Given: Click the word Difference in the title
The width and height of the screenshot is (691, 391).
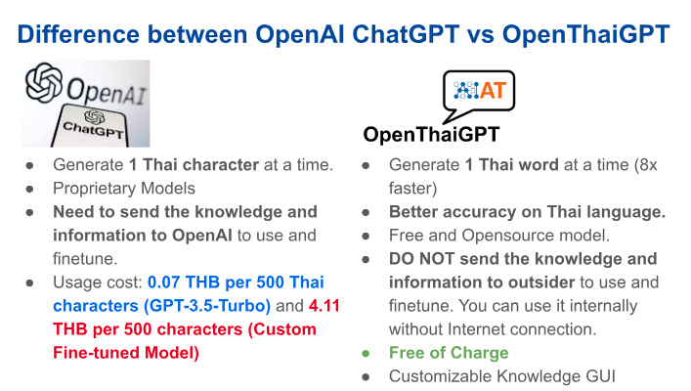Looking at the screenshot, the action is (77, 34).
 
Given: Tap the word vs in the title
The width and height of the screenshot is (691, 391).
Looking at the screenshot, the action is (480, 35).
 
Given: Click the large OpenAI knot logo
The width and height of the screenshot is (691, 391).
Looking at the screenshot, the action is (44, 82).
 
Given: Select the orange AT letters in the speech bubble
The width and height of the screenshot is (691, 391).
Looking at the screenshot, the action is (493, 91).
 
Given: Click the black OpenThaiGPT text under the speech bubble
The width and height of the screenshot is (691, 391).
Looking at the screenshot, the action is (431, 135).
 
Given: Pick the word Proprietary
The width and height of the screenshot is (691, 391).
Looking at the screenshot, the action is (90, 189).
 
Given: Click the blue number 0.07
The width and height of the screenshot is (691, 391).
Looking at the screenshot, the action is (163, 282).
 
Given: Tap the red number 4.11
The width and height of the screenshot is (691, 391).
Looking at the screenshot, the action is (324, 306).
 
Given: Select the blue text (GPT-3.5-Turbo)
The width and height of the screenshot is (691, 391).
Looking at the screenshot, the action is (207, 306).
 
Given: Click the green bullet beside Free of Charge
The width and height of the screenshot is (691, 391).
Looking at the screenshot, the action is (366, 354).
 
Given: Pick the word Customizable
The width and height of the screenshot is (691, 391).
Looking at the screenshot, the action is (440, 376).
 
